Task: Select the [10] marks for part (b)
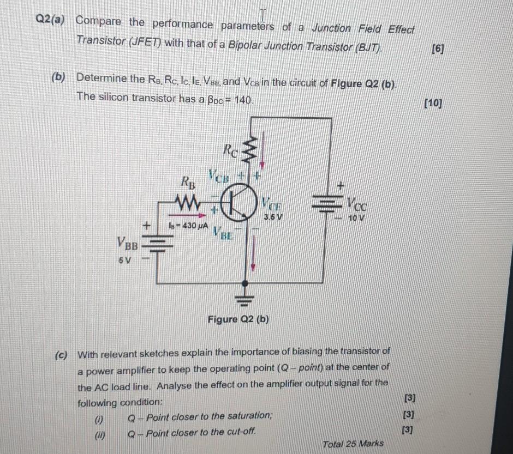click(434, 103)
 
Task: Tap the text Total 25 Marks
click(353, 444)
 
